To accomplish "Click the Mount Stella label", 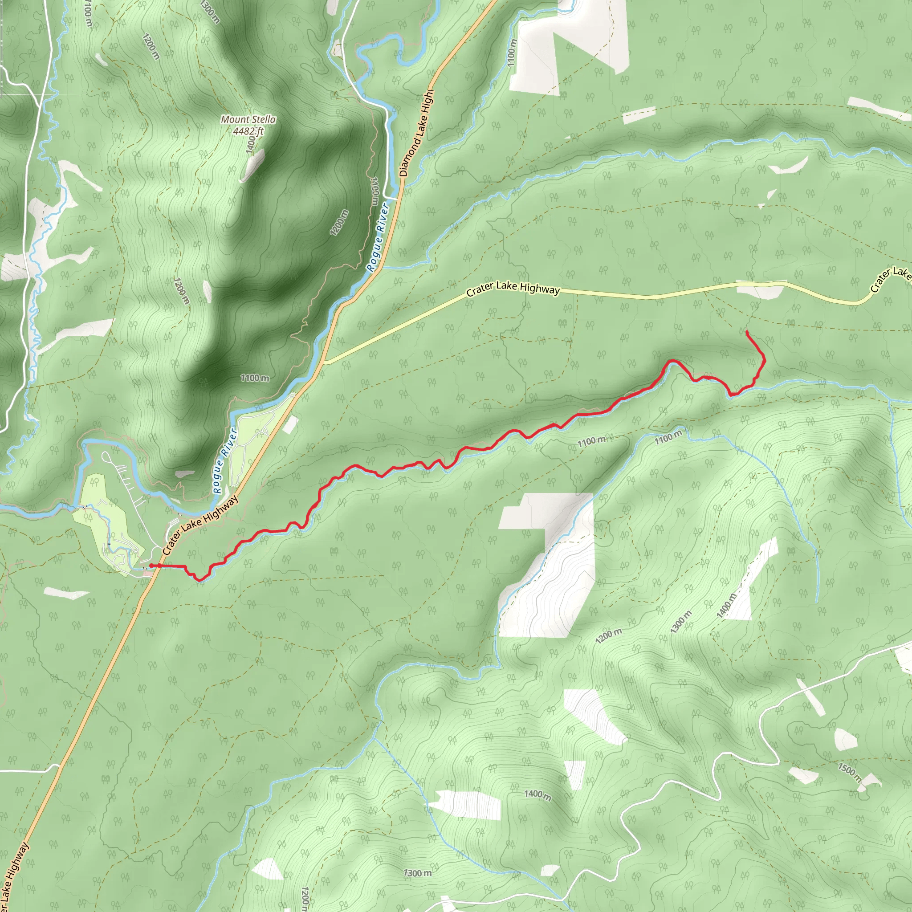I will pyautogui.click(x=248, y=119).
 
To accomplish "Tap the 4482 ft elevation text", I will pyautogui.click(x=248, y=131).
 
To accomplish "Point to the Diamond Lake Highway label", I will pyautogui.click(x=416, y=134).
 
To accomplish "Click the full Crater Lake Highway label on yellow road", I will pyautogui.click(x=513, y=289).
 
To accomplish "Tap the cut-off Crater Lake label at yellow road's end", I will pyautogui.click(x=890, y=279).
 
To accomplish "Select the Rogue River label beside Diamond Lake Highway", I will pyautogui.click(x=378, y=237).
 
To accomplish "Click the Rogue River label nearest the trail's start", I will pyautogui.click(x=224, y=461).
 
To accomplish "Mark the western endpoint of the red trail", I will pyautogui.click(x=151, y=565).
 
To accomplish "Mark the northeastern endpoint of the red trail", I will pyautogui.click(x=747, y=333).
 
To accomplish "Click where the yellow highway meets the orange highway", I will pyautogui.click(x=324, y=362).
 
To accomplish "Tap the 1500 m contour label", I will pyautogui.click(x=850, y=772).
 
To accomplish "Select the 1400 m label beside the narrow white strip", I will pyautogui.click(x=726, y=606).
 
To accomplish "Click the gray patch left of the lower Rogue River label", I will pyautogui.click(x=184, y=473).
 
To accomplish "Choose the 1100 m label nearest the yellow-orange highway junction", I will pyautogui.click(x=255, y=378).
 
